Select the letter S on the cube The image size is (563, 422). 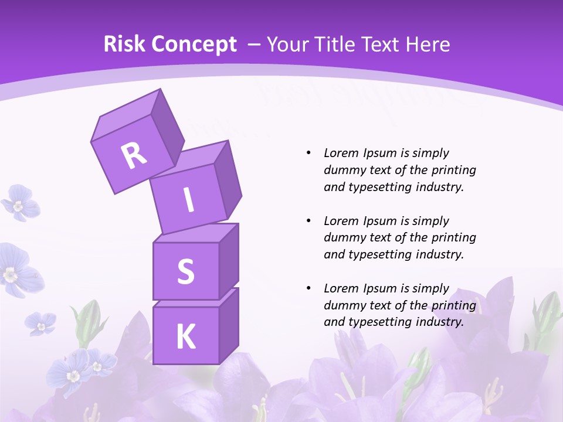186,271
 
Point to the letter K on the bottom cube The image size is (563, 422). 186,337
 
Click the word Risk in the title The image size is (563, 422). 124,44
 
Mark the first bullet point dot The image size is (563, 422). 308,153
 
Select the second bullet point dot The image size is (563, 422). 308,221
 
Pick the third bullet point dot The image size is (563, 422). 308,288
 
